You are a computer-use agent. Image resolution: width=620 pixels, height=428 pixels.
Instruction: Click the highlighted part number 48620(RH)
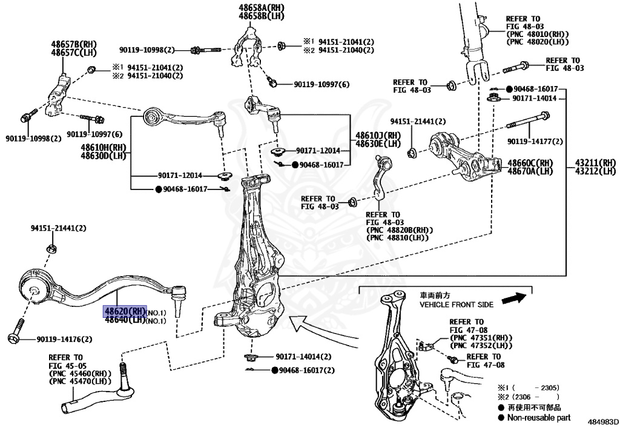(x=125, y=311)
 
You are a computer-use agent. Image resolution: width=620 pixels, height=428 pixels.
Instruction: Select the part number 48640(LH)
(x=125, y=320)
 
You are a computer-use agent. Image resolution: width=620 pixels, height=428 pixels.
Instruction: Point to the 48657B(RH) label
(x=73, y=45)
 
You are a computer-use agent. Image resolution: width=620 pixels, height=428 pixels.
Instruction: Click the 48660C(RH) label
(x=530, y=163)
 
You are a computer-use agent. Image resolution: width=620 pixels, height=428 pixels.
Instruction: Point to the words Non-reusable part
(x=539, y=418)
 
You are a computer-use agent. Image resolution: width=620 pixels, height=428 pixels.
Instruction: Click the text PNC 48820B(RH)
(x=397, y=231)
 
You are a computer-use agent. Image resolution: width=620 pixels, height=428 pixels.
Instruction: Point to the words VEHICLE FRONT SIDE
(x=457, y=305)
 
